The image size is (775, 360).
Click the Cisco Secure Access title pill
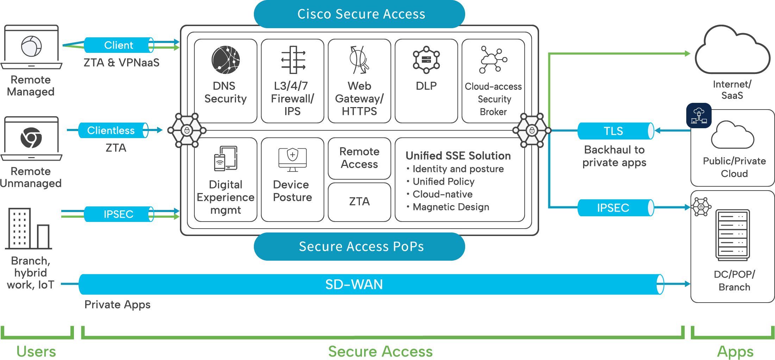(x=359, y=14)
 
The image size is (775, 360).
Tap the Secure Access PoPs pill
(x=359, y=247)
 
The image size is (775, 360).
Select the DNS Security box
(x=225, y=81)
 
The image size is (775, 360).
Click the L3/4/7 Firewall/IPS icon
(x=293, y=60)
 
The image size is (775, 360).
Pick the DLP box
(x=426, y=81)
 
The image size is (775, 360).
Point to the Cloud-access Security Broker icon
(x=493, y=60)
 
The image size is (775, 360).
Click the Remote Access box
(x=359, y=158)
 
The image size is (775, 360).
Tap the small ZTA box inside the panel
(x=359, y=202)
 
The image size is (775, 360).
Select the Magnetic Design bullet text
(x=451, y=207)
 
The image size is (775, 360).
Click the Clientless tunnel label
(x=111, y=131)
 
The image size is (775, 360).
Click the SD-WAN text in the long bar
(x=354, y=285)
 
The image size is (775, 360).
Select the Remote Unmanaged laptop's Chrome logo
(x=31, y=138)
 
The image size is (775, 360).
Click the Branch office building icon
(x=28, y=229)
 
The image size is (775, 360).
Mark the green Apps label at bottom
(x=735, y=352)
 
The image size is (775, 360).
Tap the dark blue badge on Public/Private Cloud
(x=699, y=116)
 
